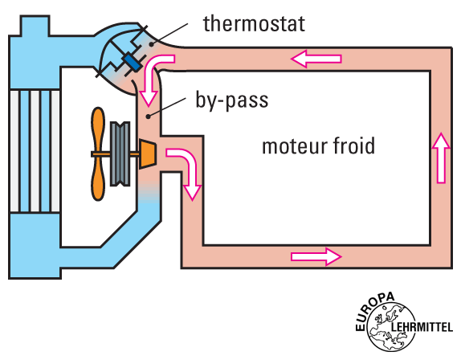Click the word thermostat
click(x=254, y=23)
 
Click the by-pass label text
click(x=232, y=101)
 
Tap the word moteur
click(x=294, y=146)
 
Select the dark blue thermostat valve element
click(x=133, y=62)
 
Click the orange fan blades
click(x=98, y=153)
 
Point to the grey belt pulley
click(x=120, y=153)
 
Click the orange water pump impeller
click(x=147, y=153)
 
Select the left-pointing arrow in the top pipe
click(x=316, y=59)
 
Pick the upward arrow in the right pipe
click(x=441, y=158)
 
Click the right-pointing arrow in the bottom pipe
click(x=316, y=257)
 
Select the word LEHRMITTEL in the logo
click(x=422, y=327)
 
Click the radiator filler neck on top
click(x=35, y=26)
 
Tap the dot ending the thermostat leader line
click(x=151, y=44)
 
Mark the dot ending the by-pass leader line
click(x=149, y=117)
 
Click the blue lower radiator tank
click(x=35, y=246)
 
